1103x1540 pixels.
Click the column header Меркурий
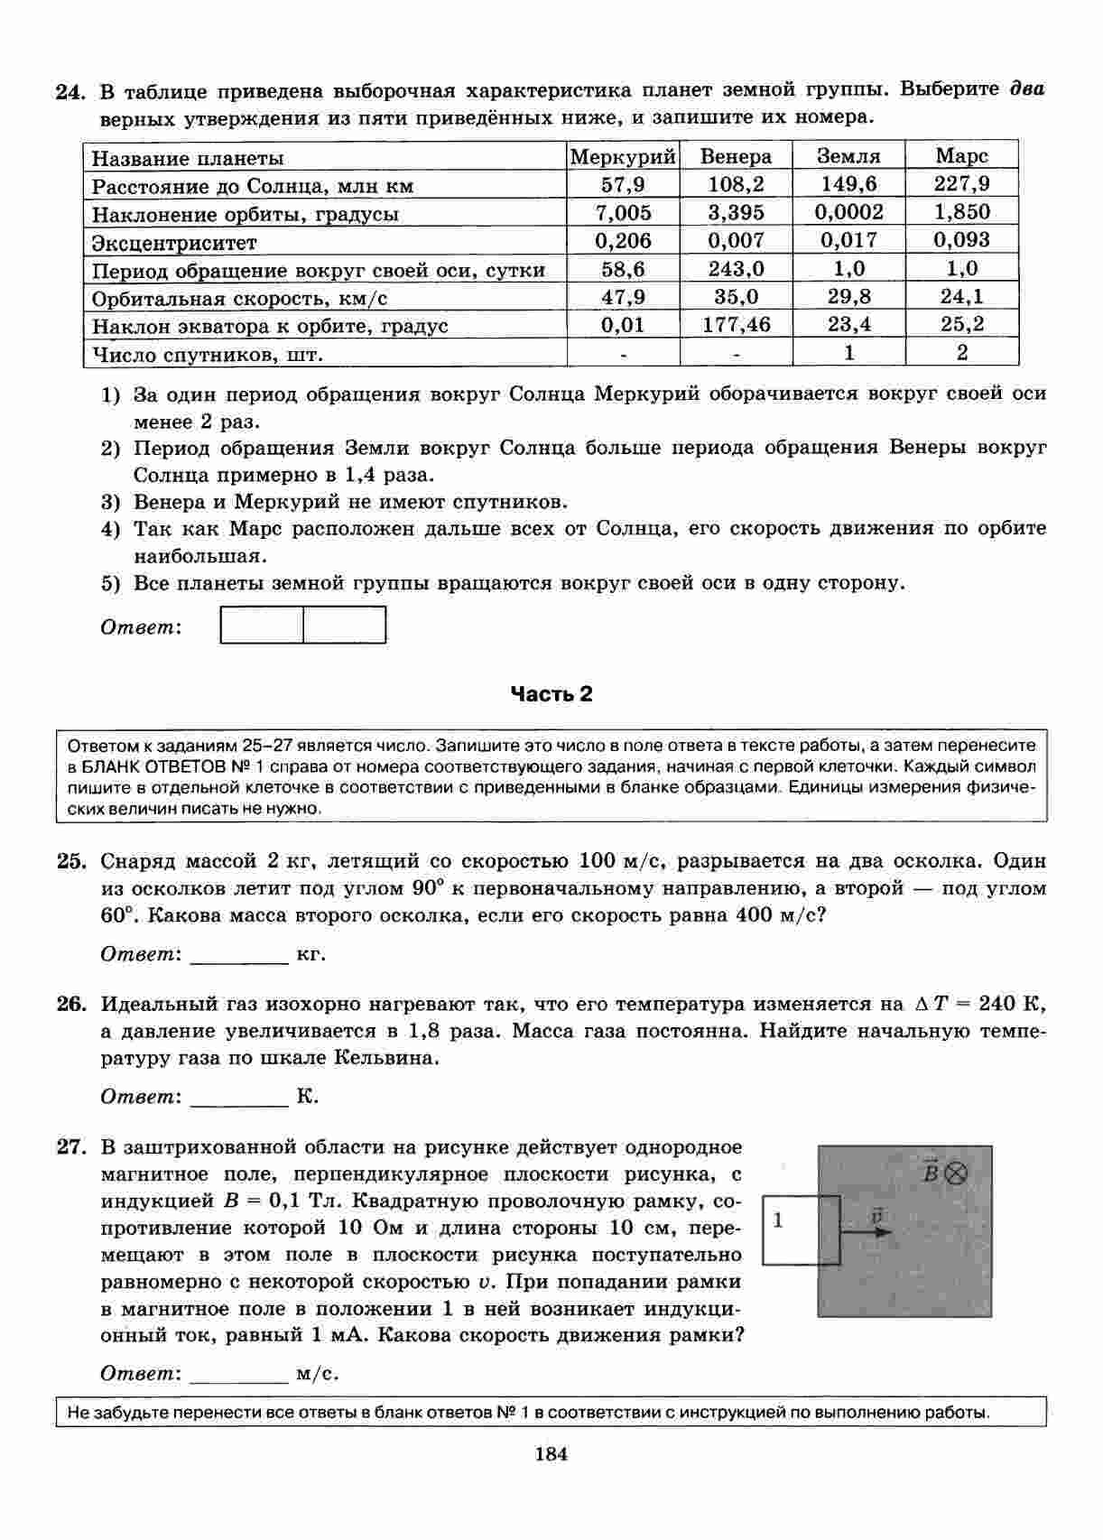point(623,157)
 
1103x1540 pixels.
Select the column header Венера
point(736,157)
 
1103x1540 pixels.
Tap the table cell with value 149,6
point(848,184)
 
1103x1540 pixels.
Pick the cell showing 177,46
point(736,325)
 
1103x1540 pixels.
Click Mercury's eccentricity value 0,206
point(623,240)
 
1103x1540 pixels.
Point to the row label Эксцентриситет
point(174,243)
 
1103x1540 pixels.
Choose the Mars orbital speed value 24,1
point(961,296)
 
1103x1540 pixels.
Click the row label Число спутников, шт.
point(207,355)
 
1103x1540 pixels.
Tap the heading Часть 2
point(551,693)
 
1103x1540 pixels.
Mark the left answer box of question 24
point(262,625)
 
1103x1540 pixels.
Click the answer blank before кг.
point(239,955)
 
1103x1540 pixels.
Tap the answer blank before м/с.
point(239,1375)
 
